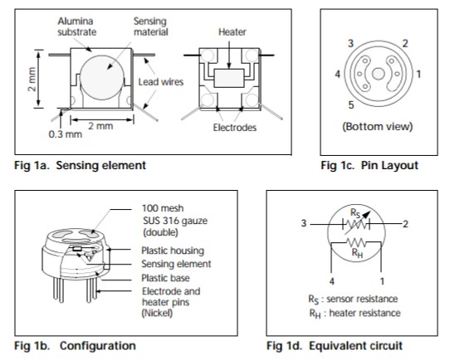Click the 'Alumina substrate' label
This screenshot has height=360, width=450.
[x=76, y=27]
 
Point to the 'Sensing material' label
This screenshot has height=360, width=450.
[x=150, y=27]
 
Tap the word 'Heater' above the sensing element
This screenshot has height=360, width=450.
[x=232, y=32]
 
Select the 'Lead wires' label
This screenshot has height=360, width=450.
[x=161, y=82]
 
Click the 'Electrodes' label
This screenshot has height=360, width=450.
[x=234, y=128]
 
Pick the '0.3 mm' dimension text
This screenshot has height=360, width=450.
[x=65, y=134]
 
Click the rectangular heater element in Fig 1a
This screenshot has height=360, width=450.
[x=229, y=78]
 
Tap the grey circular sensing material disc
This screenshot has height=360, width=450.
[x=102, y=78]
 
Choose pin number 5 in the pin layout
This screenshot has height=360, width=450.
[x=351, y=105]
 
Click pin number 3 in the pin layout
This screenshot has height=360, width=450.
[x=350, y=44]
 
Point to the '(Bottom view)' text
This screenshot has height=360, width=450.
[x=378, y=126]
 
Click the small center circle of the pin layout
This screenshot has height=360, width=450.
[x=379, y=74]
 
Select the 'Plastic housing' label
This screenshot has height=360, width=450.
[x=173, y=251]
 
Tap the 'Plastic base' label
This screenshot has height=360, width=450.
[x=165, y=278]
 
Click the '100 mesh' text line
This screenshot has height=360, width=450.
[x=163, y=208]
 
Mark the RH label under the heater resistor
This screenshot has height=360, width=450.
[x=357, y=253]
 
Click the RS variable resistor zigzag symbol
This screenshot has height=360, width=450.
[x=356, y=224]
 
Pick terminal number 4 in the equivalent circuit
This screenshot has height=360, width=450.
[x=332, y=281]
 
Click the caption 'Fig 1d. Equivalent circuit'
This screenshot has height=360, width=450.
[x=335, y=346]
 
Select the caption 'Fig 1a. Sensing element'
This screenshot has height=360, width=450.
[x=80, y=165]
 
